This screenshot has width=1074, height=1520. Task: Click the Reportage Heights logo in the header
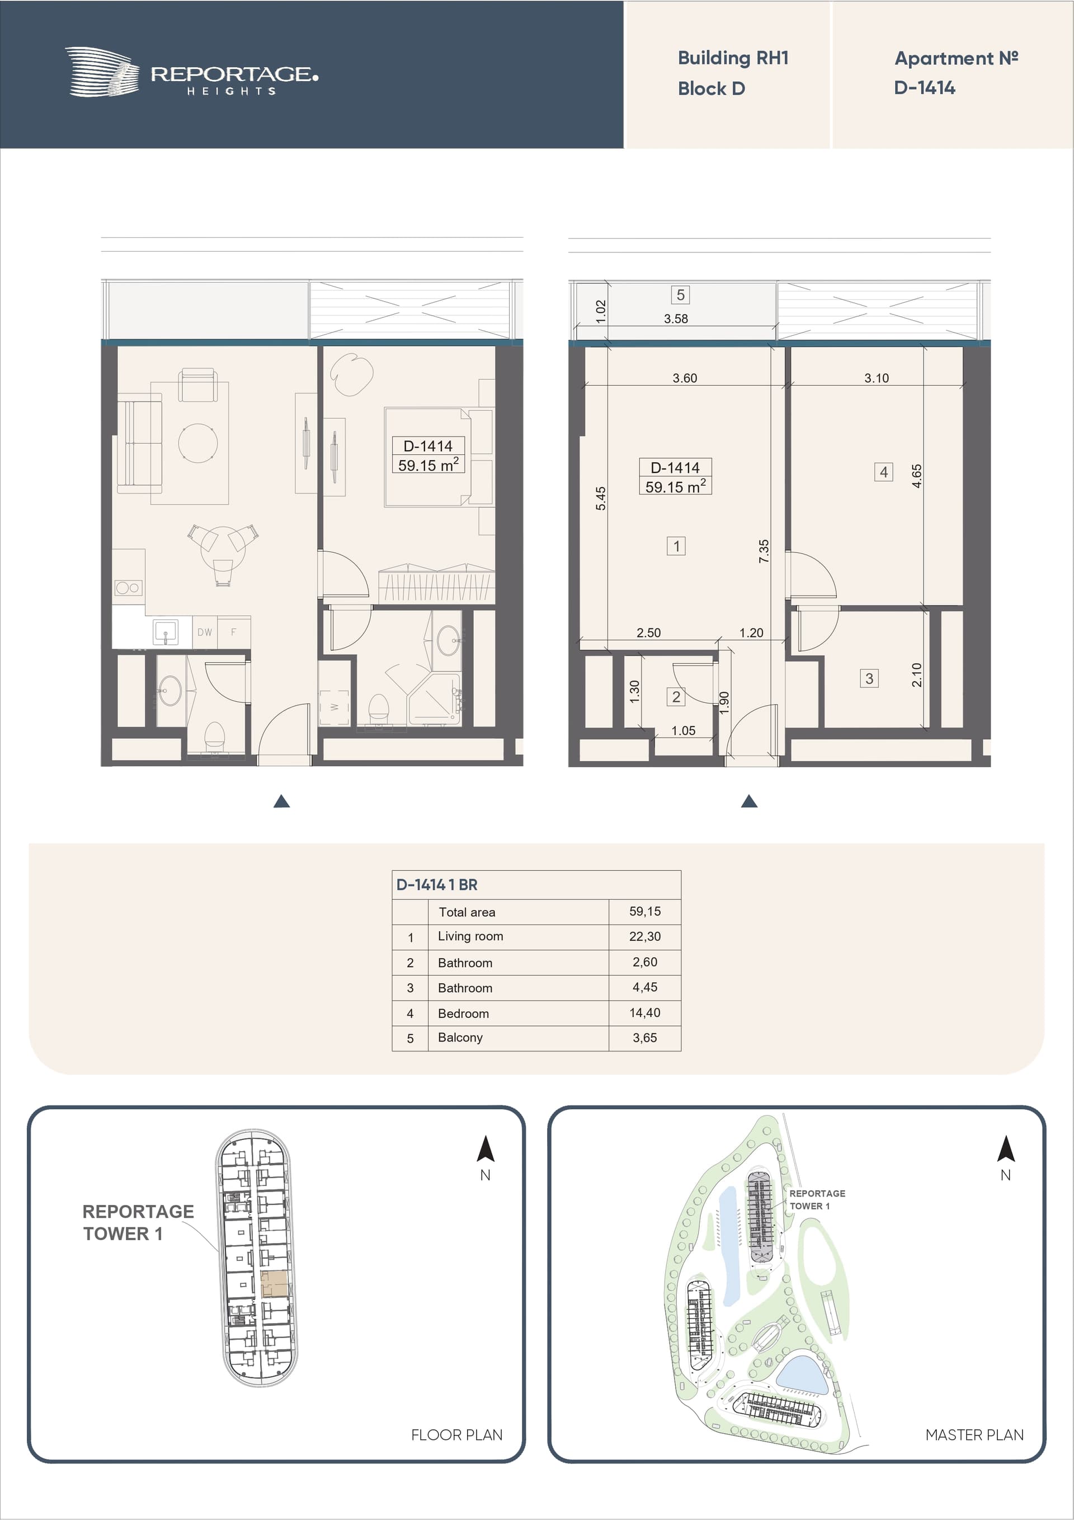(x=191, y=72)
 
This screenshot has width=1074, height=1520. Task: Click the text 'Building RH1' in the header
(x=733, y=58)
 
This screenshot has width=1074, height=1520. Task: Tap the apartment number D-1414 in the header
(x=925, y=88)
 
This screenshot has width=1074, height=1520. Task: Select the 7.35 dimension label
(x=764, y=551)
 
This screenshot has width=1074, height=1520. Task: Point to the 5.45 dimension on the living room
(x=600, y=499)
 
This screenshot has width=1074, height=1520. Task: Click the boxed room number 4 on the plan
(x=883, y=472)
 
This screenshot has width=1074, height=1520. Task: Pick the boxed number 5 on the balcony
(x=680, y=294)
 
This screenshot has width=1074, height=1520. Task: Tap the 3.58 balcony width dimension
(x=676, y=318)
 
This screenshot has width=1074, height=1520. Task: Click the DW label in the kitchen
(x=205, y=632)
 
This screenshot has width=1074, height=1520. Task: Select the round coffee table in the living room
(x=198, y=443)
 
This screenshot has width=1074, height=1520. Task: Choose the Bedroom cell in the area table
(x=463, y=1014)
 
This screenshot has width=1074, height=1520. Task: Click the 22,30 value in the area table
(x=644, y=936)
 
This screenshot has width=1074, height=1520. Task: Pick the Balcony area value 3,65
(x=644, y=1038)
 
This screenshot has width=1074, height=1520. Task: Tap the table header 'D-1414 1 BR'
(x=437, y=884)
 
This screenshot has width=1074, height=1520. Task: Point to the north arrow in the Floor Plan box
(x=486, y=1148)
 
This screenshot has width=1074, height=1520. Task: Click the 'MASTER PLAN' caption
(x=974, y=1434)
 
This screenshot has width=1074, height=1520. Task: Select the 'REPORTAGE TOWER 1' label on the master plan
(x=817, y=1199)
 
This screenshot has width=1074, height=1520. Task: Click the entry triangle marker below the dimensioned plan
(x=749, y=802)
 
